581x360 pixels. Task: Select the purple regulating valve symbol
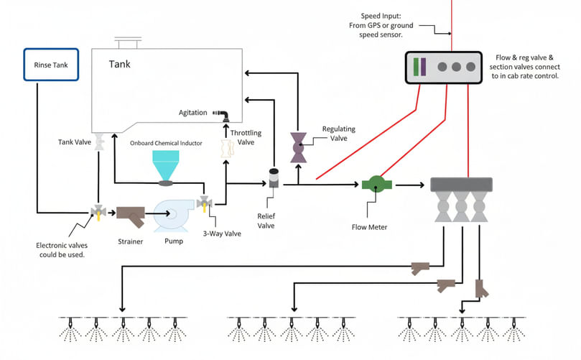[298, 147]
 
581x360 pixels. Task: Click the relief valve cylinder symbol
[273, 180]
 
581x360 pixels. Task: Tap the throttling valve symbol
[227, 148]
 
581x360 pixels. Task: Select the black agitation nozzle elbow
[225, 114]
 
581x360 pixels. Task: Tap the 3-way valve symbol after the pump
[205, 205]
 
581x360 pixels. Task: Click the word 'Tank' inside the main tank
[120, 65]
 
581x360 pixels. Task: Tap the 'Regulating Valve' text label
[339, 133]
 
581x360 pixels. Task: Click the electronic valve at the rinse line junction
[96, 212]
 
